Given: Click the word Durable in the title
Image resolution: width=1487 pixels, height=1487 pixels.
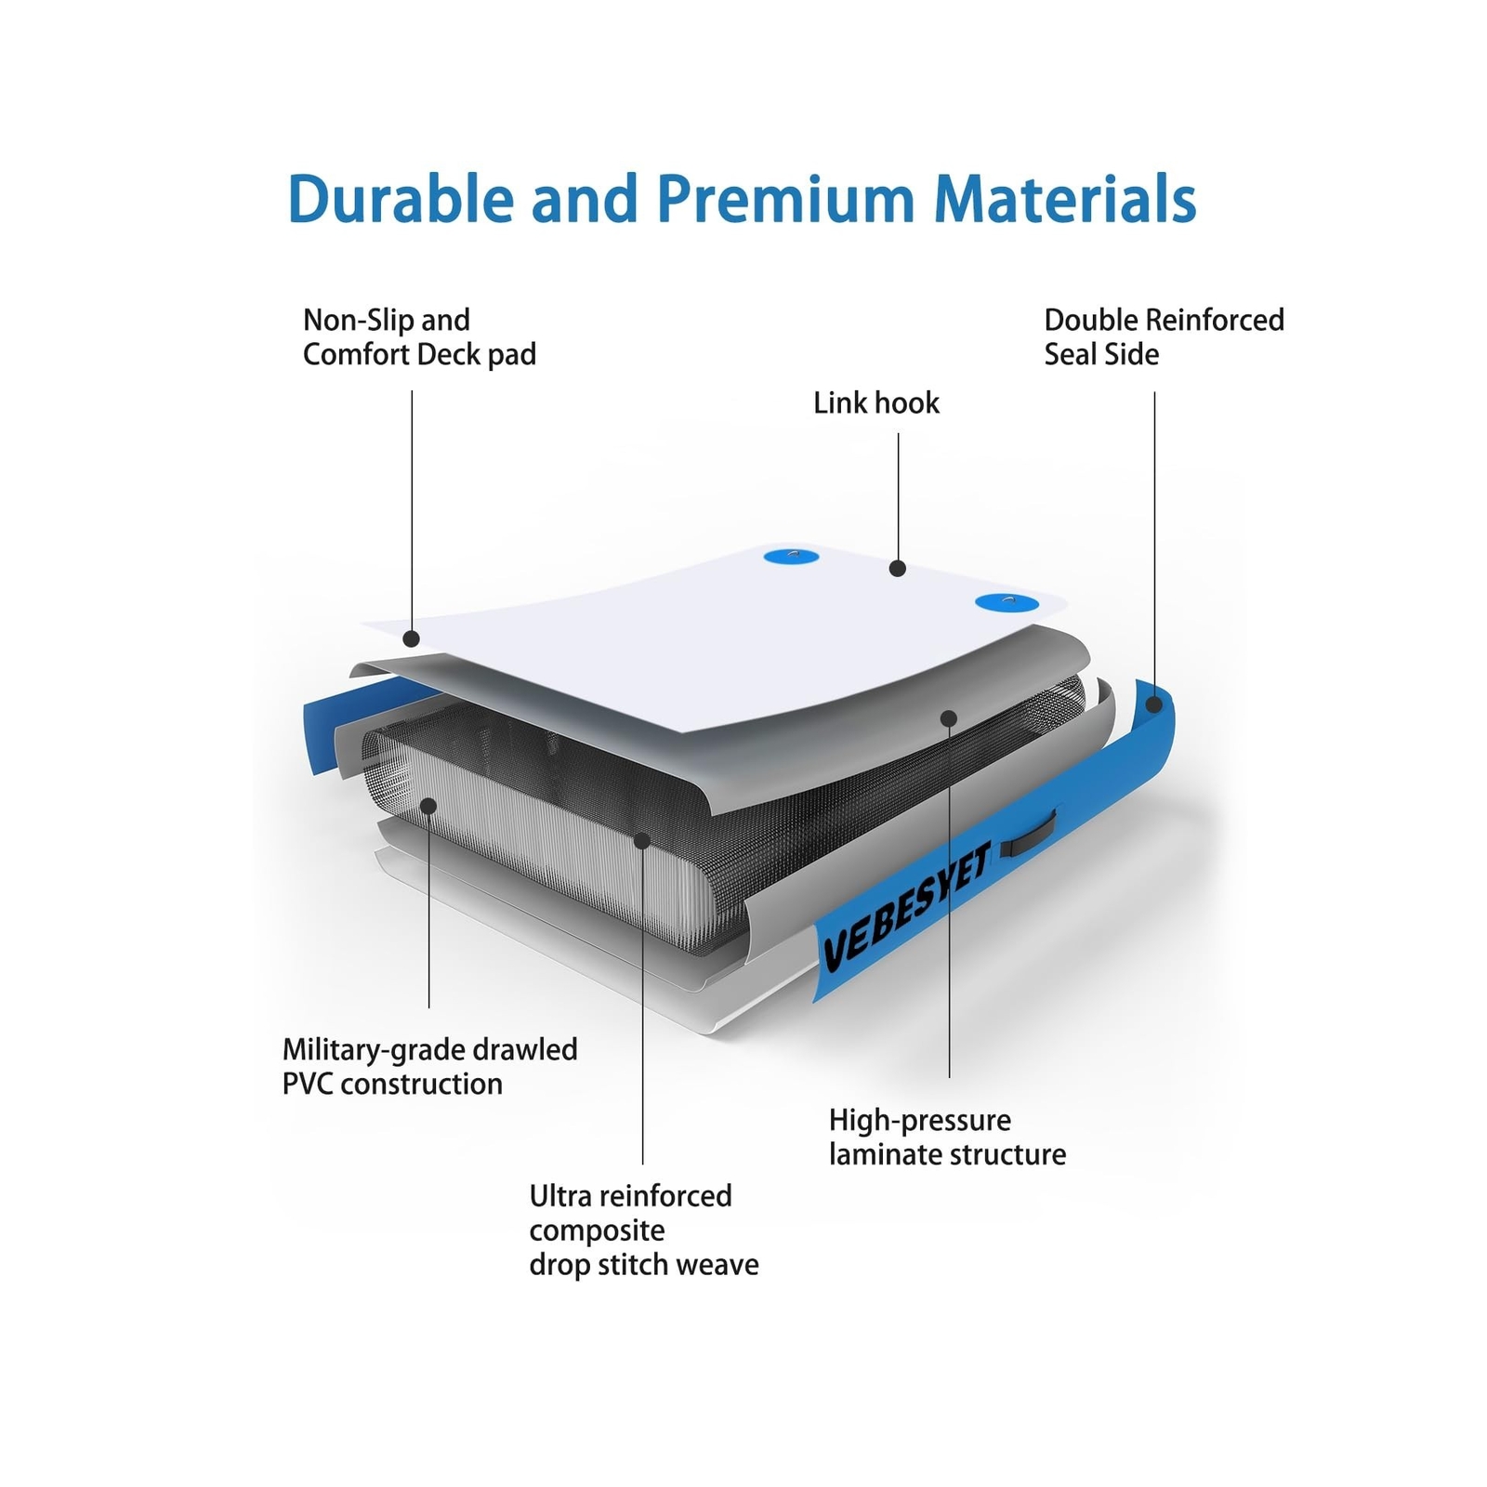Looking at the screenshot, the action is point(401,199).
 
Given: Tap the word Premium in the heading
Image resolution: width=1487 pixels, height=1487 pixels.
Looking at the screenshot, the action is point(786,199).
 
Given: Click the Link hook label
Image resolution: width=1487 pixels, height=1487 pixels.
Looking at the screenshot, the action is point(875,403).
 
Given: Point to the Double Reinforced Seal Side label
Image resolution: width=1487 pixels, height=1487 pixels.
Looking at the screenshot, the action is point(1163,336).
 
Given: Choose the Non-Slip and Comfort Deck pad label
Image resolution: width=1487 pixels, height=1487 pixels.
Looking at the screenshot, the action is point(419,336).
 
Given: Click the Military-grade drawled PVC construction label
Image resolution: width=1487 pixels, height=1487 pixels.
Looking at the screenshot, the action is point(429,1066).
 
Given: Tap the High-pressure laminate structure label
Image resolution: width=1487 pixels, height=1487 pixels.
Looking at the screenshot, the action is point(947,1137).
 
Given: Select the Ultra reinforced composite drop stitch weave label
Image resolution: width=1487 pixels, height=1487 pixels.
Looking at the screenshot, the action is point(643,1230).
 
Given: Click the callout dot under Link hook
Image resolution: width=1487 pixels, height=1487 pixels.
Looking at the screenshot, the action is point(897,568).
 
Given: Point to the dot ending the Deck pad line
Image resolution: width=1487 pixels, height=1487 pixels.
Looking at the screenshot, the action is point(411,638).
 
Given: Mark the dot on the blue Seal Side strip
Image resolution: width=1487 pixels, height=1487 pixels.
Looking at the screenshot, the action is point(1153,704).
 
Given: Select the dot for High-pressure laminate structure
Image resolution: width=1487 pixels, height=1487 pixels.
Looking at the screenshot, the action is point(948,717).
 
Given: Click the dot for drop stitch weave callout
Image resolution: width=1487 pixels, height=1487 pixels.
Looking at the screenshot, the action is point(641,840).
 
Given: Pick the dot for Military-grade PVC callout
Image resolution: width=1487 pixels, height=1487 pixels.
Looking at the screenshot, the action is point(428,805).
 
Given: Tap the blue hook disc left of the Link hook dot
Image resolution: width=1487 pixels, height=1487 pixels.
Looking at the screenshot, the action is point(791,557).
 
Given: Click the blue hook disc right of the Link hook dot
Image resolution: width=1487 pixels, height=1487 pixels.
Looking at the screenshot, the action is point(1006,603).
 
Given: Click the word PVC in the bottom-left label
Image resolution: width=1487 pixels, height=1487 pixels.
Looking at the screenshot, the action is point(309,1084).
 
